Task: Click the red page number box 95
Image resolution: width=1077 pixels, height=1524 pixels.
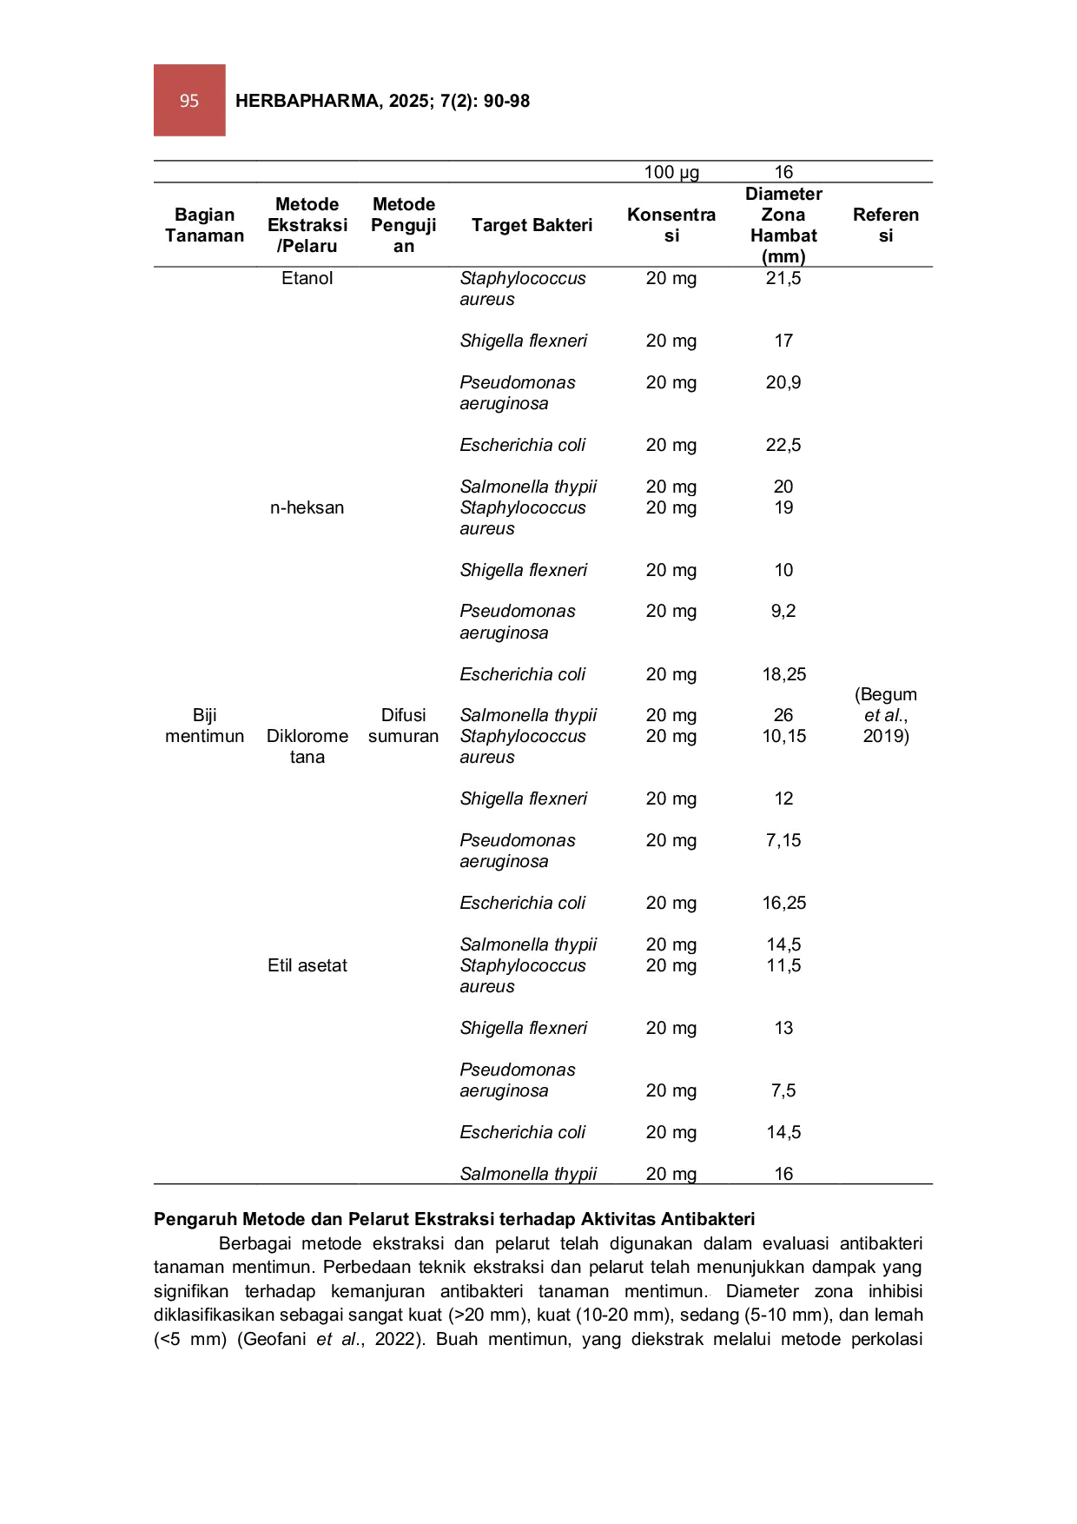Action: click(189, 100)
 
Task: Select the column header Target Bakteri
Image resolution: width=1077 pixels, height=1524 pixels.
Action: click(532, 225)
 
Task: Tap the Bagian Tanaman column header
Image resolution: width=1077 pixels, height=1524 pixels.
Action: click(205, 225)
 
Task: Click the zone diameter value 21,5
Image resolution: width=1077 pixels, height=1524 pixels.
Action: click(783, 278)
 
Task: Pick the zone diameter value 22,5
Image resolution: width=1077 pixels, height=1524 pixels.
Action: click(783, 445)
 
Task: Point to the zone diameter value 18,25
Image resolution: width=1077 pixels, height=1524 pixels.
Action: click(784, 674)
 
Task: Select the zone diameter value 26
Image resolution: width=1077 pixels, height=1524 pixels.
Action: click(783, 715)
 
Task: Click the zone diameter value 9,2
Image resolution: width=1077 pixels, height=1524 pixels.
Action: click(783, 611)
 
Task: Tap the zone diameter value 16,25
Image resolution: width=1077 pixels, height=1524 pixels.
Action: click(784, 903)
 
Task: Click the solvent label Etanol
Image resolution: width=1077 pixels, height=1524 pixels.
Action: click(307, 278)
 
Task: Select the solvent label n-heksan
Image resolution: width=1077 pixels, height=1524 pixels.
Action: click(307, 507)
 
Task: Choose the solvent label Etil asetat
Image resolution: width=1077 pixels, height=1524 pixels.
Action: click(307, 965)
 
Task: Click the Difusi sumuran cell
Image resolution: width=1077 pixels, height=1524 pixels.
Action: click(404, 726)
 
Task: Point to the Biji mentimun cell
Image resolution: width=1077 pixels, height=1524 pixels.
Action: click(205, 726)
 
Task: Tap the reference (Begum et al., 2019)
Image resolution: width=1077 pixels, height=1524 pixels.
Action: click(886, 715)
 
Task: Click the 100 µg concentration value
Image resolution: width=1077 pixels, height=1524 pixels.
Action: click(671, 172)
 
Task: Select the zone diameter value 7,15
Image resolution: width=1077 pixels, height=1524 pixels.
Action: click(783, 840)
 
